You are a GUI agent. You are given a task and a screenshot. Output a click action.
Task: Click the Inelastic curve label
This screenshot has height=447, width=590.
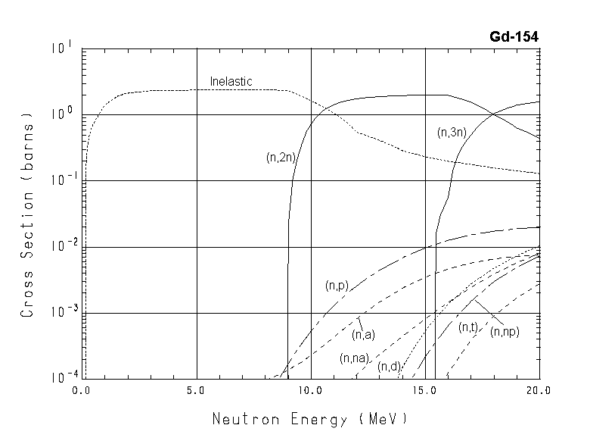coord(231,81)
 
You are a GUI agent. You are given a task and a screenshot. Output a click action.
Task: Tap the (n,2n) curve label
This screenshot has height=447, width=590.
coord(280,158)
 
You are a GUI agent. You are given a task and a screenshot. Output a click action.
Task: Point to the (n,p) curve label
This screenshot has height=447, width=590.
coord(337,286)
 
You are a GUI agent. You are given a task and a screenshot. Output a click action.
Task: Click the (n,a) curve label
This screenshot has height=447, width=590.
coord(364,334)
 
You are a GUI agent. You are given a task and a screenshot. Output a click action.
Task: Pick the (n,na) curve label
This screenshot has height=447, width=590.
coord(354,358)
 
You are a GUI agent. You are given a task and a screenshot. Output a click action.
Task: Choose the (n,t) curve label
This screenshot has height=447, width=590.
coord(468,327)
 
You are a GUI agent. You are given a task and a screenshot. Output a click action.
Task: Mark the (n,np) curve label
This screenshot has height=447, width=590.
coord(505,331)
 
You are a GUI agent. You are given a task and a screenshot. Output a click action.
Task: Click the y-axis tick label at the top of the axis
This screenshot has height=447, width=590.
coord(62,48)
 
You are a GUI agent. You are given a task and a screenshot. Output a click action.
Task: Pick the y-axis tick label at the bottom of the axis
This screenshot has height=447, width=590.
coord(61,377)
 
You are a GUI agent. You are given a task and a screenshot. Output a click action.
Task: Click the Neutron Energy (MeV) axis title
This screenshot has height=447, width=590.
coord(309,417)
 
